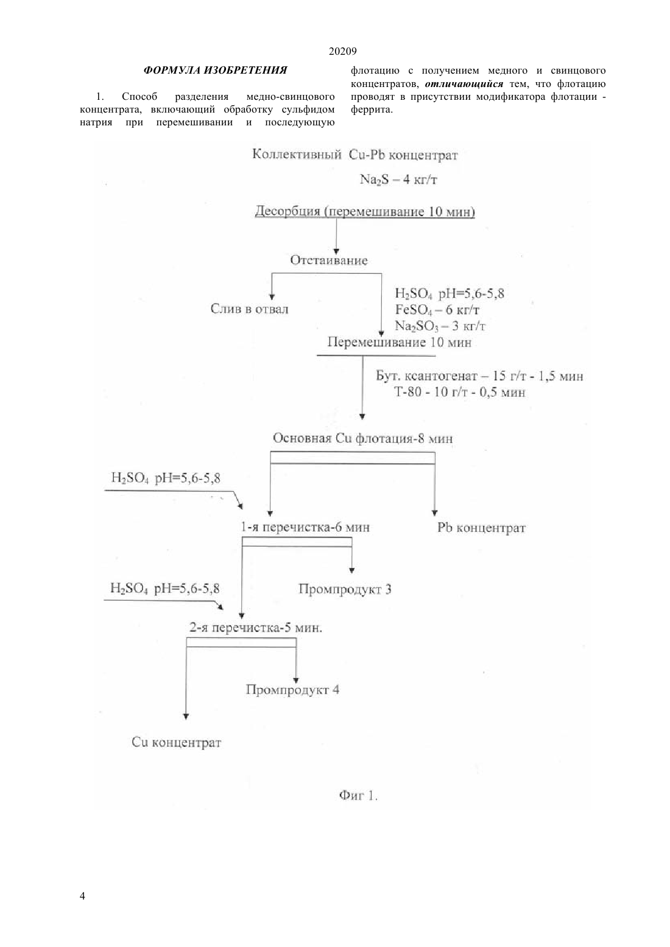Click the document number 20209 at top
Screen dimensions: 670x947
coord(342,52)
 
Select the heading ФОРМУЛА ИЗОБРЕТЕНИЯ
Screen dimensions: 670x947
coord(215,70)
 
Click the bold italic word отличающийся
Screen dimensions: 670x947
coord(464,84)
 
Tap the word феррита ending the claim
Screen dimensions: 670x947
coord(372,110)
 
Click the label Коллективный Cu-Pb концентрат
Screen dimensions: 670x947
coord(355,155)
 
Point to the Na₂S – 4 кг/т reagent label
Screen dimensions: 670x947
coord(398,180)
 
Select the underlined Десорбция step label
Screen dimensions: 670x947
coord(365,211)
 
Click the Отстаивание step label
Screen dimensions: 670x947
coord(329,260)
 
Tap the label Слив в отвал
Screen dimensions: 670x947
coord(249,309)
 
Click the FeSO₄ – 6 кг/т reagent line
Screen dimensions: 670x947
coord(437,310)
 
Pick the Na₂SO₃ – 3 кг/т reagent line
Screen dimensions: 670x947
coord(440,326)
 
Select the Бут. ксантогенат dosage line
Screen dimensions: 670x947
coord(479,376)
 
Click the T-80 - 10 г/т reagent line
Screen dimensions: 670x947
coord(460,392)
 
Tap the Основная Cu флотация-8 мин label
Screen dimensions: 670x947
coord(362,438)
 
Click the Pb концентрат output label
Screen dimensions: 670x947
coord(481,528)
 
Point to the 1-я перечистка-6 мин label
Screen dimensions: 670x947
coord(305,527)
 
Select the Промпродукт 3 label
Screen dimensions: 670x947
coord(345,589)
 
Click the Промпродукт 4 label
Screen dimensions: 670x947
coord(292,690)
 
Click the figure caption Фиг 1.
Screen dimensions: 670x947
coord(358,795)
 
